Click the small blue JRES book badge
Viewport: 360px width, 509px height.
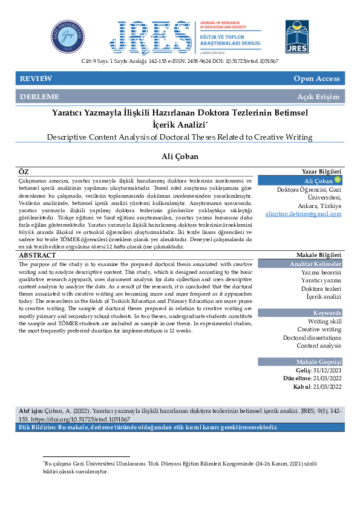click(297, 36)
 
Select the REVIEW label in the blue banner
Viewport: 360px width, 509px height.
click(36, 79)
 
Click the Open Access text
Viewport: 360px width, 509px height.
click(316, 79)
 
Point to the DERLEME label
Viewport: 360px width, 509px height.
click(39, 97)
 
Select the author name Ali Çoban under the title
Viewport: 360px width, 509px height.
click(180, 157)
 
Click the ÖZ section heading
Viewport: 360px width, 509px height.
click(24, 172)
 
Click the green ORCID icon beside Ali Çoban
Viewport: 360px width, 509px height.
click(337, 180)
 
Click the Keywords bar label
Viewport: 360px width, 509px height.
click(327, 313)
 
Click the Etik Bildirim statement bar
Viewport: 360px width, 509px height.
click(148, 427)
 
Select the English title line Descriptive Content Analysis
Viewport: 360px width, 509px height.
click(180, 137)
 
